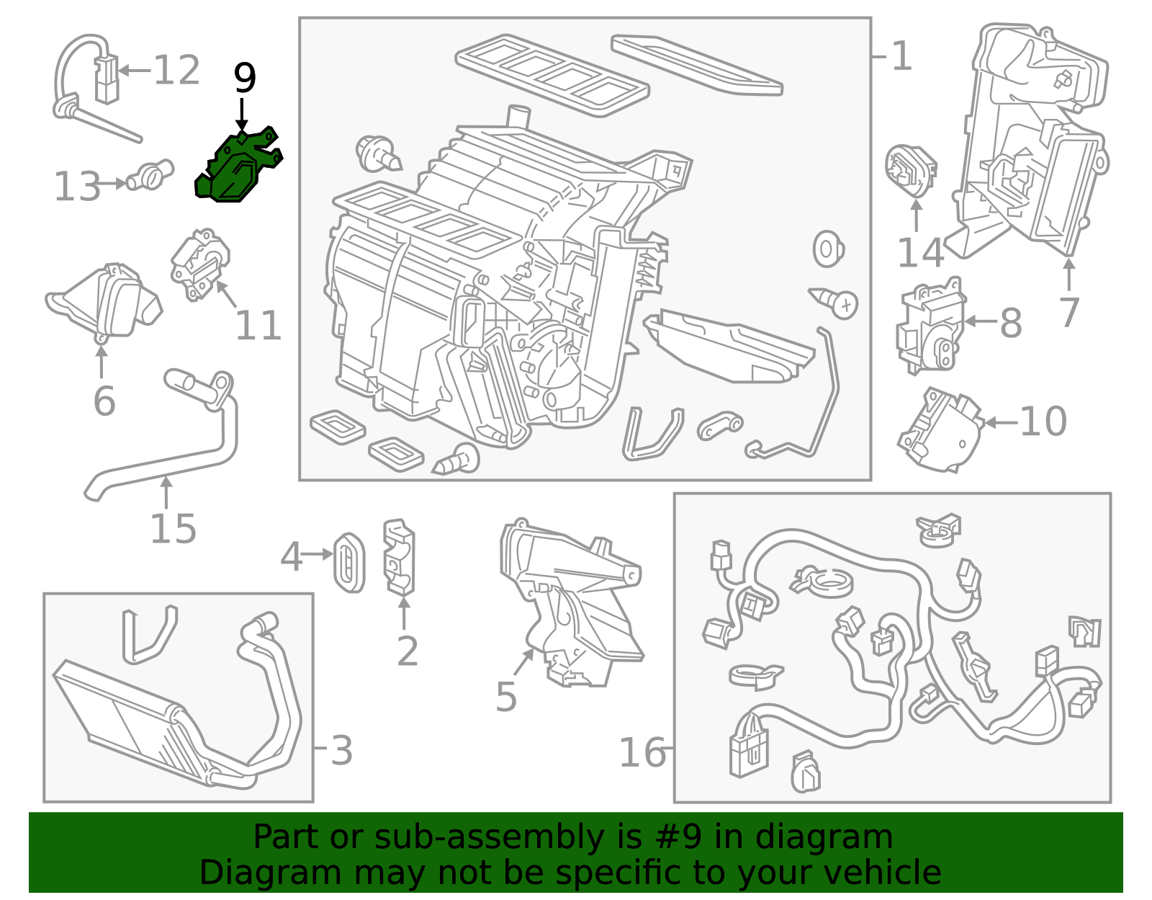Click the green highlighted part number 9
click(238, 169)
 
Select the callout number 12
click(176, 71)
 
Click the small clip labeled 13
click(150, 174)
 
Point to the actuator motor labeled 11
click(199, 264)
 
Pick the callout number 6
click(104, 401)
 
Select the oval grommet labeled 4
click(350, 562)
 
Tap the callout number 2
click(408, 651)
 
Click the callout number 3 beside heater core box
click(341, 751)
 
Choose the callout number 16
click(642, 753)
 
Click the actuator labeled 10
click(940, 430)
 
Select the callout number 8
click(1011, 323)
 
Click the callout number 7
click(1069, 312)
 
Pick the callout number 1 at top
click(901, 56)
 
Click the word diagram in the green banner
click(839, 837)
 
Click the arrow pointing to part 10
click(1000, 422)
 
